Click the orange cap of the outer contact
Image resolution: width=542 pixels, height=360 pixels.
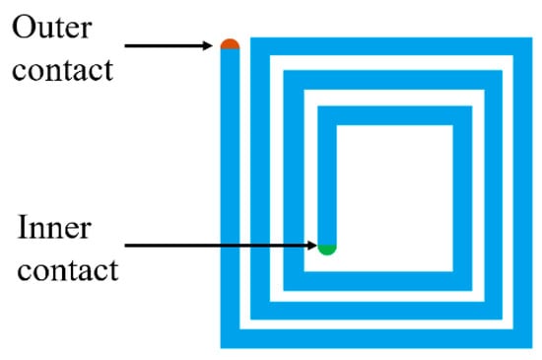(x=230, y=44)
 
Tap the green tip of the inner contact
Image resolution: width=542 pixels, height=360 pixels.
(x=327, y=250)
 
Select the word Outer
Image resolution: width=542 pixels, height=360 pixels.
(x=52, y=28)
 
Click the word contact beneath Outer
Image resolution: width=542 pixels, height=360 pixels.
(x=62, y=71)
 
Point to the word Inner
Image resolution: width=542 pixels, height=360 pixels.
(x=54, y=227)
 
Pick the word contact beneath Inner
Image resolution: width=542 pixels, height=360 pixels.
(x=68, y=270)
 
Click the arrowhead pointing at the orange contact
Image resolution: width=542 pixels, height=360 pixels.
(x=208, y=45)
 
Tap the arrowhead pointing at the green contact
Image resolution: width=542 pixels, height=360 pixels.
(x=311, y=246)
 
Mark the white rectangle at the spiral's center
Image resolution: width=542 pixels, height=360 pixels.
(x=394, y=198)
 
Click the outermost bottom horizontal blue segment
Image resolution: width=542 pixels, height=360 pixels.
(x=376, y=338)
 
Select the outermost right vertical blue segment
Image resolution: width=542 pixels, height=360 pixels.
(x=523, y=192)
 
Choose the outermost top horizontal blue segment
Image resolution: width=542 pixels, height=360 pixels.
(x=391, y=46)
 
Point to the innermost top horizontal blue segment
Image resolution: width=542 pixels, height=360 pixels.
(x=395, y=115)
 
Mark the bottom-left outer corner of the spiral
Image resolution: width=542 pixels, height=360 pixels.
(x=221, y=348)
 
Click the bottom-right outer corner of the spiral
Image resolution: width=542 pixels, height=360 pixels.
(x=532, y=348)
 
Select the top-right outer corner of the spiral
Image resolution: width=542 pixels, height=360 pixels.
(x=532, y=37)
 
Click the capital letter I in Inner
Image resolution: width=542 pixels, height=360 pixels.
(x=23, y=227)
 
